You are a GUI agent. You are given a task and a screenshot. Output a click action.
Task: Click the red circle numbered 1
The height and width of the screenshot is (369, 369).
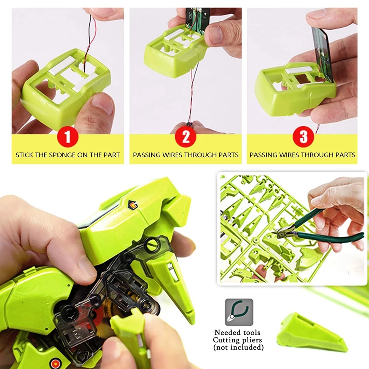[67, 137]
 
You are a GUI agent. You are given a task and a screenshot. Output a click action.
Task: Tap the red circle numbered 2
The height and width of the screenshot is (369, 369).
[186, 137]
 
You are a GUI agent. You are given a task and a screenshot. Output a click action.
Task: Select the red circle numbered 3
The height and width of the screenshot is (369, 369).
[303, 137]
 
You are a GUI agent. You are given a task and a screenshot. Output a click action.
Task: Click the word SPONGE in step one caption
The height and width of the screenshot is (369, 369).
[62, 155]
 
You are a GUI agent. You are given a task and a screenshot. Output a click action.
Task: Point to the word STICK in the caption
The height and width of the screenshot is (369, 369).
[24, 155]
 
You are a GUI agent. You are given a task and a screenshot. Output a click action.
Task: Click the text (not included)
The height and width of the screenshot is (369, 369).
[238, 347]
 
